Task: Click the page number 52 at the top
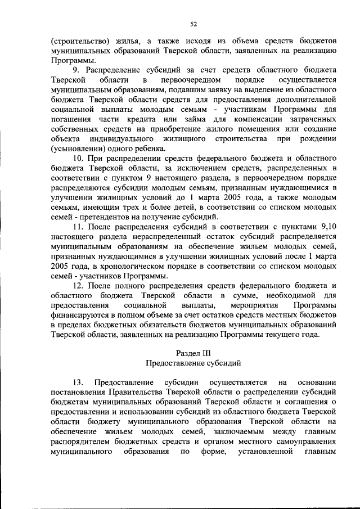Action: click(193, 24)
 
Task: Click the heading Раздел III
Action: click(193, 353)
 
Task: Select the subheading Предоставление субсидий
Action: click(193, 363)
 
